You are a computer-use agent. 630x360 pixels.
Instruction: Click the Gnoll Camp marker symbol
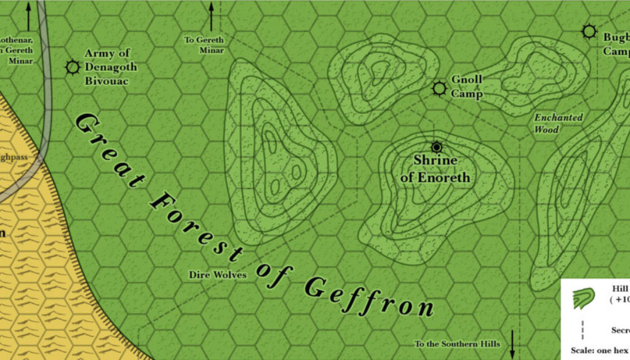pos(439,89)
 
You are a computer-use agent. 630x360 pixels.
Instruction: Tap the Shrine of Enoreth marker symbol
pos(437,146)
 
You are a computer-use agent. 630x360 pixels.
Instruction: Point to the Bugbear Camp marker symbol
pos(589,31)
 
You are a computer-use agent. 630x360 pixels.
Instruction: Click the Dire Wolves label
pos(218,274)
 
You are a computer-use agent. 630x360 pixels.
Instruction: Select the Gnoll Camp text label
pos(467,87)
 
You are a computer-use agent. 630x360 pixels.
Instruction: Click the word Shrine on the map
pos(435,161)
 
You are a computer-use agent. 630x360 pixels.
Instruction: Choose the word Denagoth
pos(111,67)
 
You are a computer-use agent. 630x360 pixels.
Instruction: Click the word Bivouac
pos(106,81)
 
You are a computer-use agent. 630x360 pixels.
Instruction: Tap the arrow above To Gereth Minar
pos(211,17)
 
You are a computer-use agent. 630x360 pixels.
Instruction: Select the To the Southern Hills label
pos(457,343)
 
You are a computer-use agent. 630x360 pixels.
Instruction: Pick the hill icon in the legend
pos(583,298)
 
